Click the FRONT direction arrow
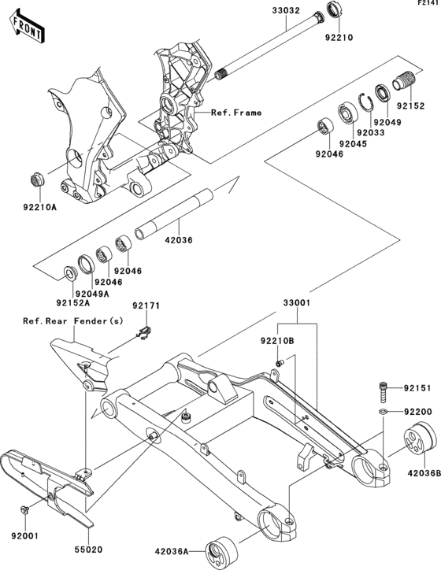tap(28, 27)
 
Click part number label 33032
tap(287, 10)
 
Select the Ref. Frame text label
tap(236, 113)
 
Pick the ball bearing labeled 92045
tap(348, 113)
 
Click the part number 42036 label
tap(179, 240)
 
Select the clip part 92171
tap(145, 333)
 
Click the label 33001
tap(297, 303)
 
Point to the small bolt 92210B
tap(280, 363)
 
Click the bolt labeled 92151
tap(384, 392)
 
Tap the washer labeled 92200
tap(383, 412)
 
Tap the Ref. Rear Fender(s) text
tap(73, 321)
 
